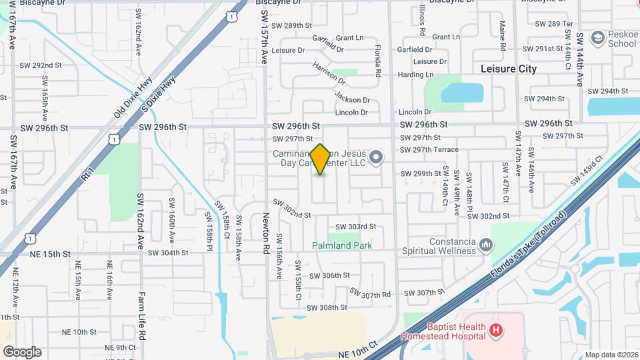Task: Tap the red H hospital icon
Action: pyautogui.click(x=495, y=329)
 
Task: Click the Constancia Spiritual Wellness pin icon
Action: pyautogui.click(x=486, y=246)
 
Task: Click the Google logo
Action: pyautogui.click(x=21, y=351)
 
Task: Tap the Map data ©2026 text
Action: pyautogui.click(x=611, y=355)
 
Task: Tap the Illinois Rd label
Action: pyautogui.click(x=423, y=19)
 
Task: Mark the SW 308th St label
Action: pyautogui.click(x=327, y=307)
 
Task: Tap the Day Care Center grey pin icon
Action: pyautogui.click(x=377, y=158)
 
